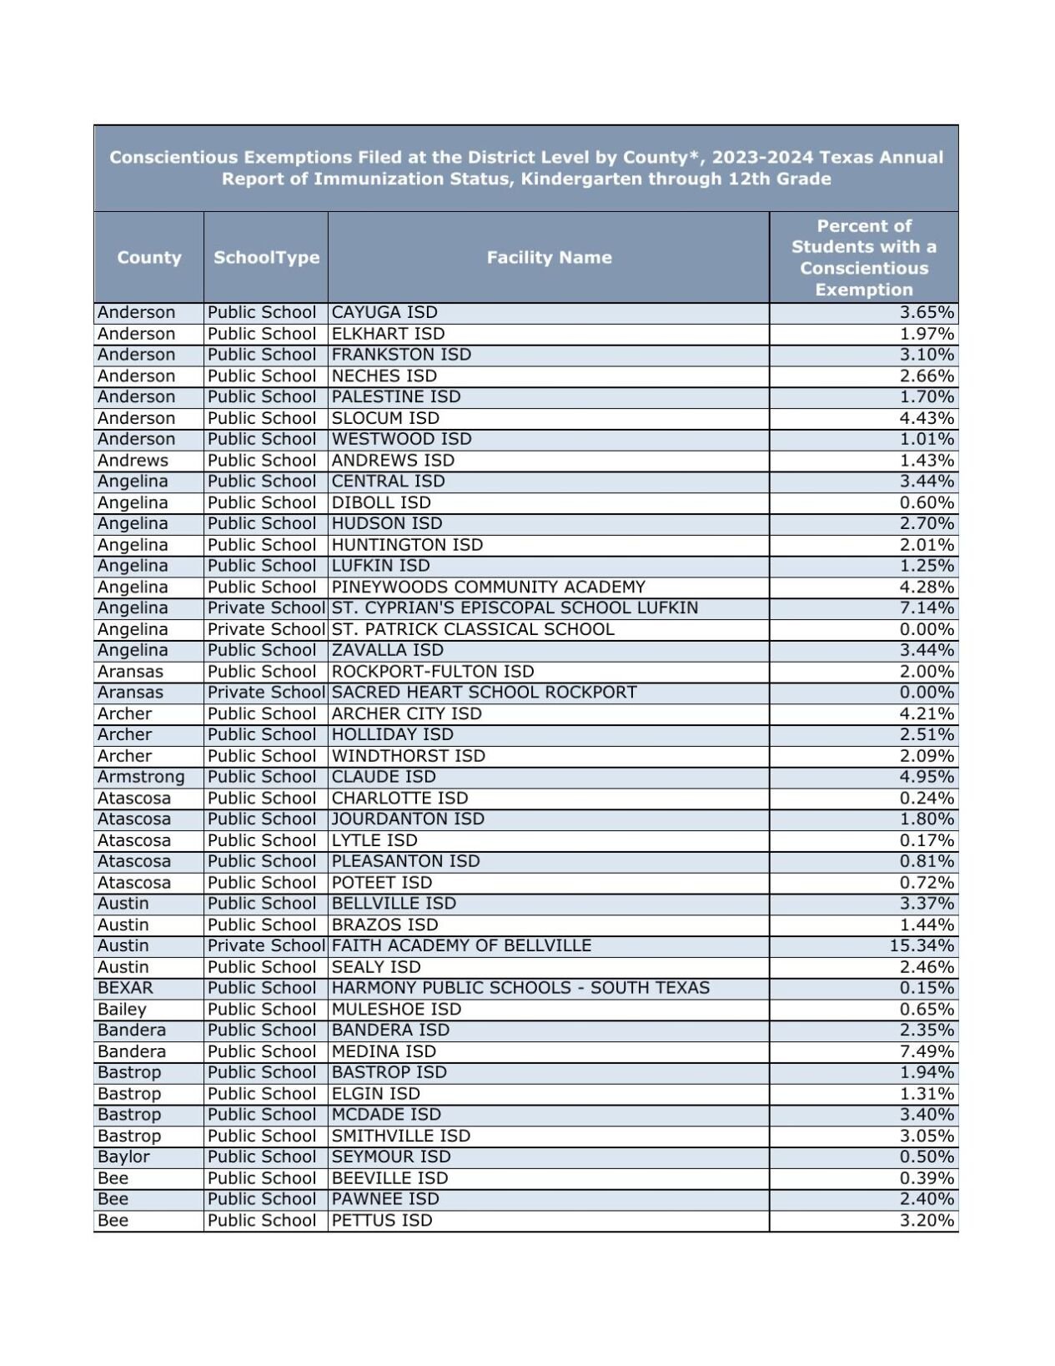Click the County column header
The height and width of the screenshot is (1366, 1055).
pyautogui.click(x=148, y=257)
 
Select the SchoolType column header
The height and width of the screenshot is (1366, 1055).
pyautogui.click(x=266, y=257)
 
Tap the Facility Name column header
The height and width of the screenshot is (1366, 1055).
pyautogui.click(x=549, y=257)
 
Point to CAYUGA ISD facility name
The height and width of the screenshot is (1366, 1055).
pyautogui.click(x=384, y=313)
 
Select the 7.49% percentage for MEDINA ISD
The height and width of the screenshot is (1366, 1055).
pyautogui.click(x=927, y=1051)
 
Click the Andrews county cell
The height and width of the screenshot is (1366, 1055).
pyautogui.click(x=133, y=461)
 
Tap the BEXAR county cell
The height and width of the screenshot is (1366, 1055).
pyautogui.click(x=125, y=988)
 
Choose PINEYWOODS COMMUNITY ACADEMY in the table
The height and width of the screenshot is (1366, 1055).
pyautogui.click(x=488, y=587)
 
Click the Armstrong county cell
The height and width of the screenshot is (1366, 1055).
pyautogui.click(x=141, y=777)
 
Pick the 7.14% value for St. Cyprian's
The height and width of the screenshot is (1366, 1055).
pyautogui.click(x=927, y=608)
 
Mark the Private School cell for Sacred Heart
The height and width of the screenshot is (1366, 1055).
pyautogui.click(x=266, y=693)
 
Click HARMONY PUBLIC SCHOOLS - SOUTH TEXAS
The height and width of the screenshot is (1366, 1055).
pyautogui.click(x=520, y=988)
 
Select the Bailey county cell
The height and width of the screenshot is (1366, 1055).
pyautogui.click(x=122, y=1010)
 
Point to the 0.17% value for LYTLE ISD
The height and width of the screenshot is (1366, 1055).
pyautogui.click(x=927, y=840)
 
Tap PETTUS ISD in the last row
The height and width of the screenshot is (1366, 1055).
pyautogui.click(x=382, y=1221)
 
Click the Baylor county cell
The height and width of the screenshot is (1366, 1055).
pyautogui.click(x=123, y=1157)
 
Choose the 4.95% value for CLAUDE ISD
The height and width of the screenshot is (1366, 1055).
pyautogui.click(x=927, y=777)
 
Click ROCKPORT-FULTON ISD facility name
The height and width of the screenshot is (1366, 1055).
pyautogui.click(x=433, y=672)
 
